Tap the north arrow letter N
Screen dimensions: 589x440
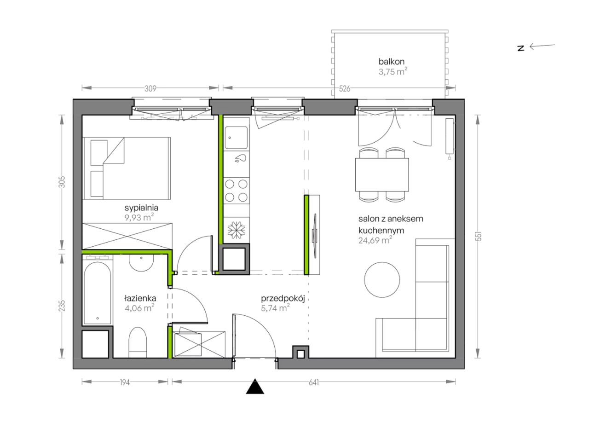click(520, 48)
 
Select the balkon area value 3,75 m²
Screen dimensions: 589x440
click(393, 71)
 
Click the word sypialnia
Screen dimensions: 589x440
click(141, 208)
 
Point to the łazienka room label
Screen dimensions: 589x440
click(140, 298)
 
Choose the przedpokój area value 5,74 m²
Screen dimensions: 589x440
click(275, 308)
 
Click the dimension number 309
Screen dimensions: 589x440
click(150, 88)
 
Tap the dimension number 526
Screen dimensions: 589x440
click(345, 88)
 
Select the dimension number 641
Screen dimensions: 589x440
click(313, 382)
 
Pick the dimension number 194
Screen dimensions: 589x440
click(125, 382)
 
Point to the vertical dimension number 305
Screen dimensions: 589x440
click(62, 182)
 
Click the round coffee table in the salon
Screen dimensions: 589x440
click(381, 279)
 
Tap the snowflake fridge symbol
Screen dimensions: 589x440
click(236, 230)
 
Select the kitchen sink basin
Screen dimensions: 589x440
click(236, 137)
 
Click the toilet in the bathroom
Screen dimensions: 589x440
click(138, 342)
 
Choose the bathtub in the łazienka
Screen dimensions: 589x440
click(97, 293)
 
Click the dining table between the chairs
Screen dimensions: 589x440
click(381, 174)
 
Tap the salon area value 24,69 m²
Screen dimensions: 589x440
click(375, 240)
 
